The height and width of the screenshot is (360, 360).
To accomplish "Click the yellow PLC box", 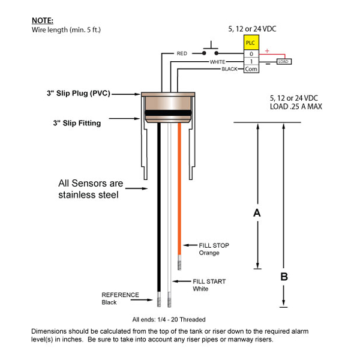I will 251,43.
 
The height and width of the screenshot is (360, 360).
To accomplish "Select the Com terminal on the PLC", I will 251,69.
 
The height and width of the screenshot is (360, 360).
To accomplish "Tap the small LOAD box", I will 284,61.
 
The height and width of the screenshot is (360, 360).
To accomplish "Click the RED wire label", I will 182,53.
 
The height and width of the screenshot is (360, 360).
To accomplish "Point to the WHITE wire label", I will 217,62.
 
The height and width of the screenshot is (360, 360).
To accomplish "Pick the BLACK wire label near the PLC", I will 230,69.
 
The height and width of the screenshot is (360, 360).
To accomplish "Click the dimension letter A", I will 257,213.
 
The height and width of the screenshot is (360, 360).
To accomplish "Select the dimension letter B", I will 284,276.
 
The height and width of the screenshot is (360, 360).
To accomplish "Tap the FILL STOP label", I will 214,245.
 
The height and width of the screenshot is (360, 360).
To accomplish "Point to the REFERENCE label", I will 120,295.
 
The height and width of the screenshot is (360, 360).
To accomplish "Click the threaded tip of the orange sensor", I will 179,262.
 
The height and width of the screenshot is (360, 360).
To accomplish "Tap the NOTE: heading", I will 42,20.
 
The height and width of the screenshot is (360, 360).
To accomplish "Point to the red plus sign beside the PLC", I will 266,51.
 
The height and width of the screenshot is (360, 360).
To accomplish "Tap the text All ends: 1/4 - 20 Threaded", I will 169,319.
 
